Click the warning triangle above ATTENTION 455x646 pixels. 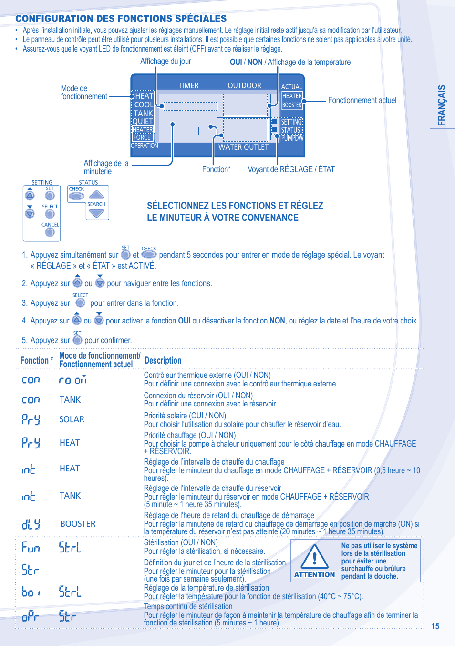[314, 557]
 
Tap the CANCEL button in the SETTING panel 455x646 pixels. [50, 232]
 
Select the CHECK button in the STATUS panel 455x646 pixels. [76, 196]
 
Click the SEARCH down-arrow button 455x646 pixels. [97, 213]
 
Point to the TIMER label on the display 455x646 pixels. [188, 86]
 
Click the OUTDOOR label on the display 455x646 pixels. [244, 86]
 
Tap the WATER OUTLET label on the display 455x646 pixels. [243, 147]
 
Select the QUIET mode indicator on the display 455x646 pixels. [142, 122]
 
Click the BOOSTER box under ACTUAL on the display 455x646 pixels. [292, 105]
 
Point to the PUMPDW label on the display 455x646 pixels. [292, 138]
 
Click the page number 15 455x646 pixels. [435, 626]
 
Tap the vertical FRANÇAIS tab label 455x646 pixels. [442, 105]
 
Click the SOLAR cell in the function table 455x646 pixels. [72, 419]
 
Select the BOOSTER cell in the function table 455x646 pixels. [78, 524]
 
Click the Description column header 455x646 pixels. [163, 361]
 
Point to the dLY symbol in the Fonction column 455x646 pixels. [31, 524]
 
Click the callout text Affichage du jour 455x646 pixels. [165, 62]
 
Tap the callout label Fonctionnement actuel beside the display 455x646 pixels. [362, 100]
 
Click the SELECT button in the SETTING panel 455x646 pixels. [50, 214]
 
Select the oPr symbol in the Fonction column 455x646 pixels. [30, 617]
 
